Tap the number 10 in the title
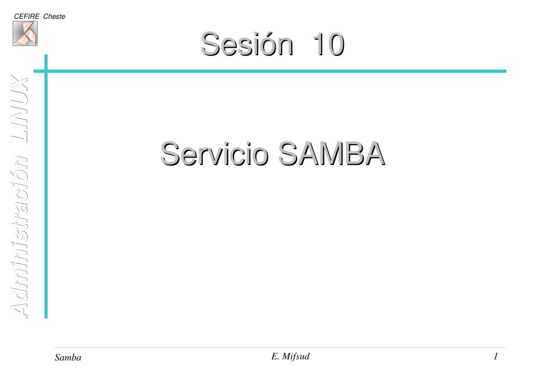point(328,44)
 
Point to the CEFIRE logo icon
point(25,34)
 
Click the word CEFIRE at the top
point(27,16)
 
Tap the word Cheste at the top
point(54,16)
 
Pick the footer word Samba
point(68,358)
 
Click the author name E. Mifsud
point(291,357)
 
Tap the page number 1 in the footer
point(495,357)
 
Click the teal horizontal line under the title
point(272,71)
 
